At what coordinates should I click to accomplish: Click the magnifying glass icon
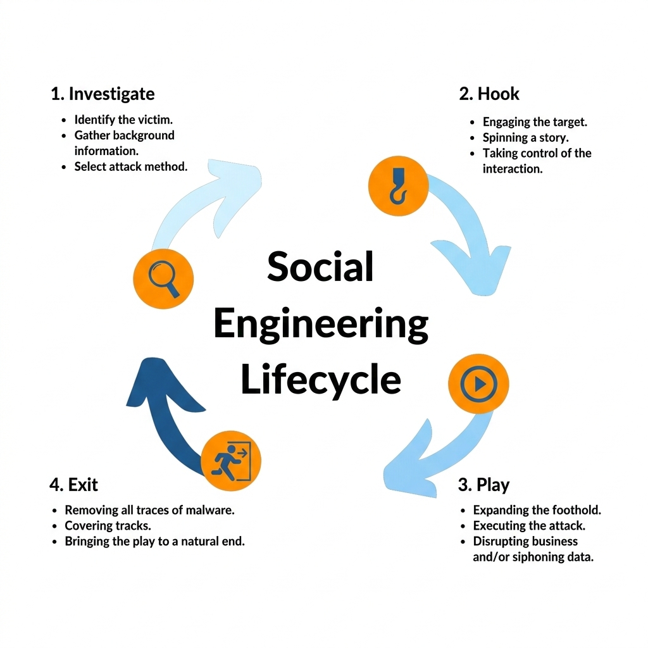coord(163,278)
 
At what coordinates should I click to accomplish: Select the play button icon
coord(478,383)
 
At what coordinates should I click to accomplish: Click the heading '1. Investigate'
coord(103,94)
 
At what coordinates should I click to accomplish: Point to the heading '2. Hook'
coord(489,94)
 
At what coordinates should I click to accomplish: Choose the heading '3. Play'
coord(483,485)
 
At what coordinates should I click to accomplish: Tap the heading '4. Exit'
coord(74,485)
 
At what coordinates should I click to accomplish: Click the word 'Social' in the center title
coord(320,266)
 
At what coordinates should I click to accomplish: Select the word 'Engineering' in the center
coord(321,325)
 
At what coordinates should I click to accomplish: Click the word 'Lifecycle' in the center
coord(321,380)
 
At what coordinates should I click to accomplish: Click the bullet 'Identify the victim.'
coord(123,120)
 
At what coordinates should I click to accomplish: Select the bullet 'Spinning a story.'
coord(525,138)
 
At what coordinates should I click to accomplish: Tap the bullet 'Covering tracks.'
coord(108,526)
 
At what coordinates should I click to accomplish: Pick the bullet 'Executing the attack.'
coord(529,526)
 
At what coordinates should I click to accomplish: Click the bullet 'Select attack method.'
coord(131,167)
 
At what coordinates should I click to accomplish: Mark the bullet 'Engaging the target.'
coord(535,122)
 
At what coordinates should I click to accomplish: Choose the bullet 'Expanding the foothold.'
coord(537,510)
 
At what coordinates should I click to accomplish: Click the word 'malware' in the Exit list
coord(211,510)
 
